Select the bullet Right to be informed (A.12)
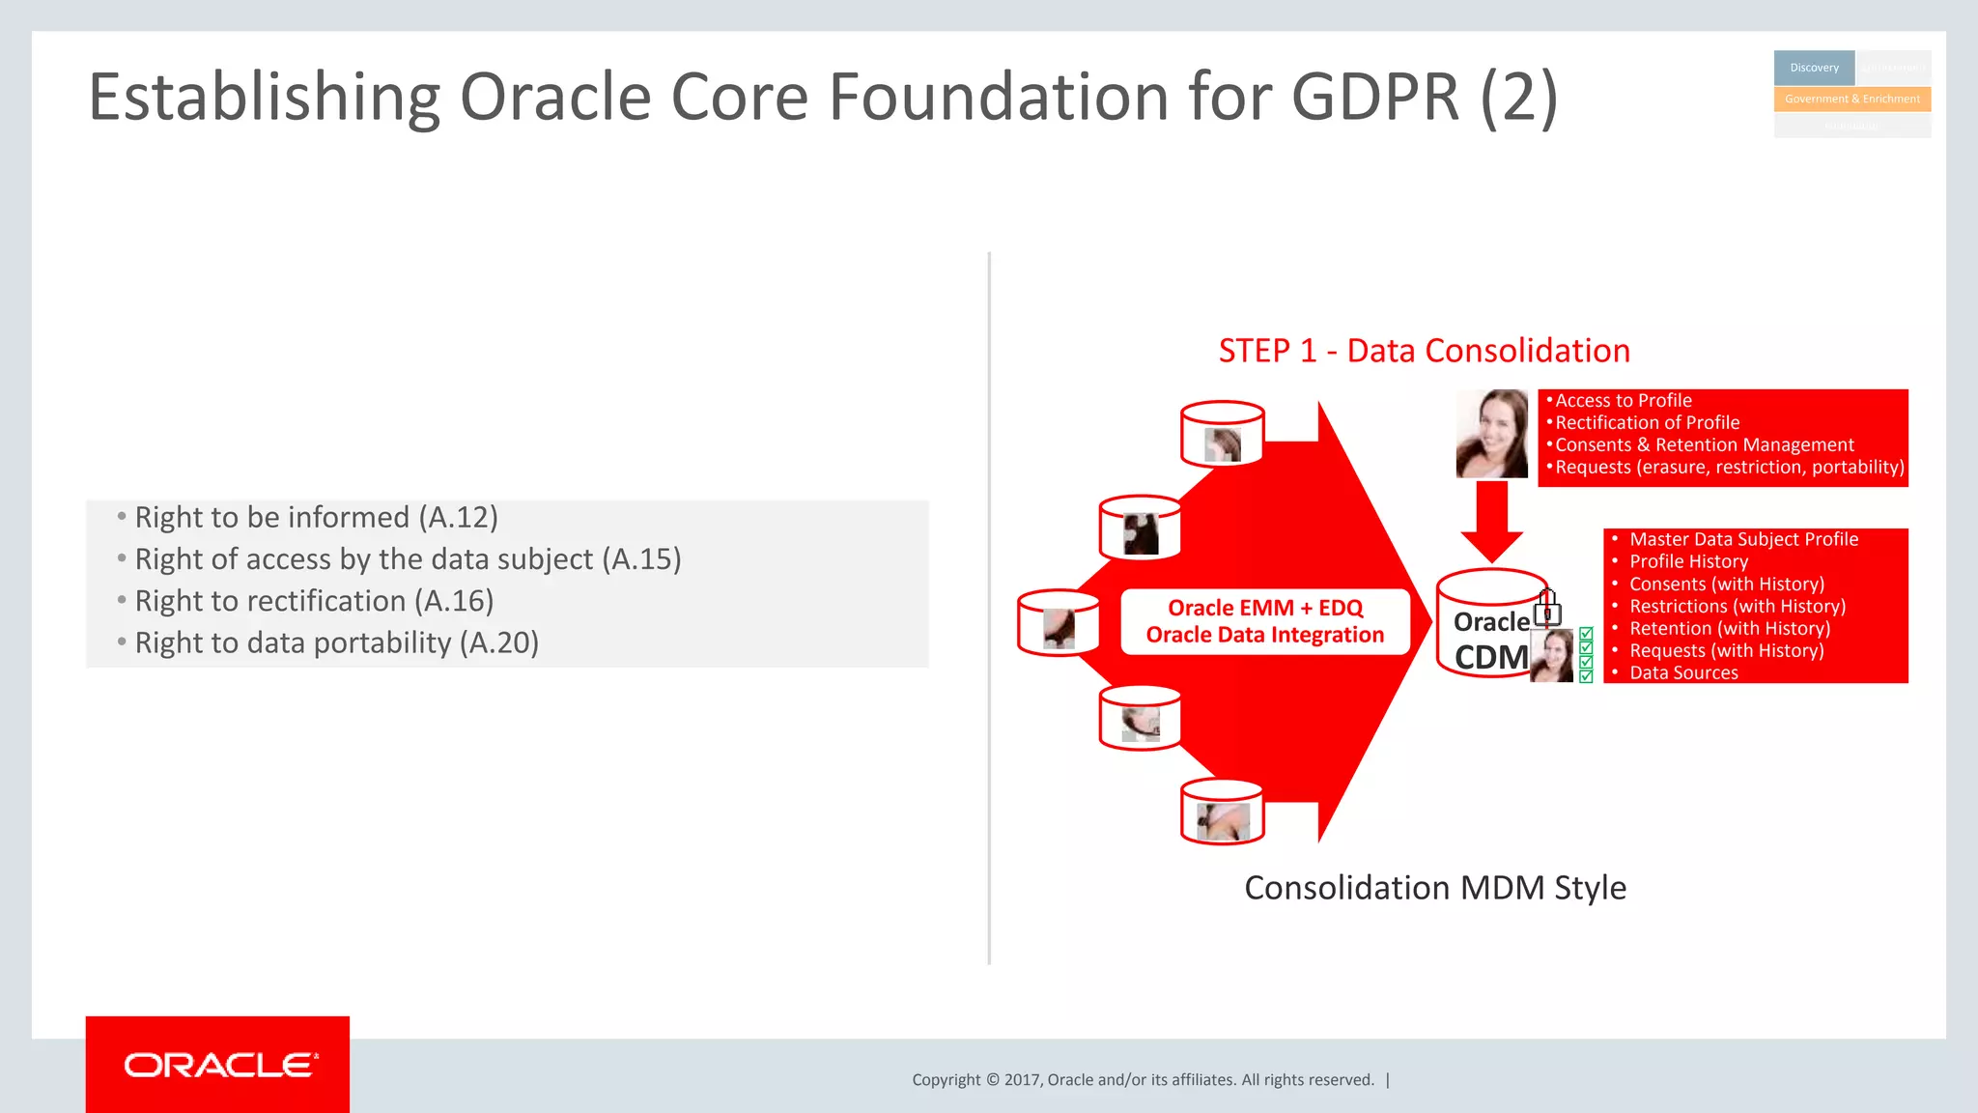coord(316,518)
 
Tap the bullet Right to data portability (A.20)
coord(336,643)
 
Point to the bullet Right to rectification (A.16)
coord(314,602)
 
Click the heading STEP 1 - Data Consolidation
coord(1424,351)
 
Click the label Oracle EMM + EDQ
coord(1265,608)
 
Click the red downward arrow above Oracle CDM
coord(1491,522)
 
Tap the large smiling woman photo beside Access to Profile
coord(1491,434)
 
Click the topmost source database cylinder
coord(1223,434)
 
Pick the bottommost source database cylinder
coord(1223,812)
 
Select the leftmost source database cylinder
coord(1059,623)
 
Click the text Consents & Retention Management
coord(1704,445)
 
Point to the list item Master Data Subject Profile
coord(1743,540)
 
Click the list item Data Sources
coord(1683,673)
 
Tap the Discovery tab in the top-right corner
coord(1814,68)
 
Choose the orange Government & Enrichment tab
coord(1851,100)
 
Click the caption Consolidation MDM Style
coord(1435,888)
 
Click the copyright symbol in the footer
coord(992,1080)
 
